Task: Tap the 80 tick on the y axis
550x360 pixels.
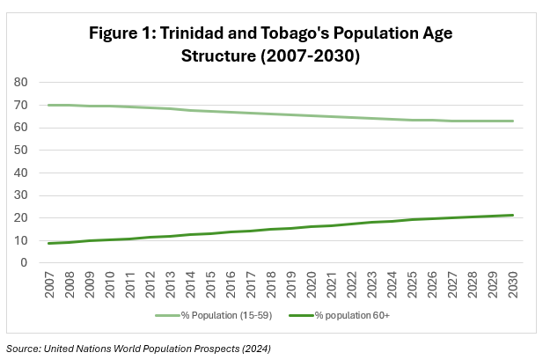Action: click(22, 83)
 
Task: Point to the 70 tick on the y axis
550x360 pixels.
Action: click(22, 105)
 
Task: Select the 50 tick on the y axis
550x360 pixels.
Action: click(22, 150)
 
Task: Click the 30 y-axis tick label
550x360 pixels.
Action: click(22, 195)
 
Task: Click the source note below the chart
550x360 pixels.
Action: click(138, 349)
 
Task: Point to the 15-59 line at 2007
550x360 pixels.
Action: click(49, 105)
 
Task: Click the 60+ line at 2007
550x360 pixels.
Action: click(49, 243)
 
